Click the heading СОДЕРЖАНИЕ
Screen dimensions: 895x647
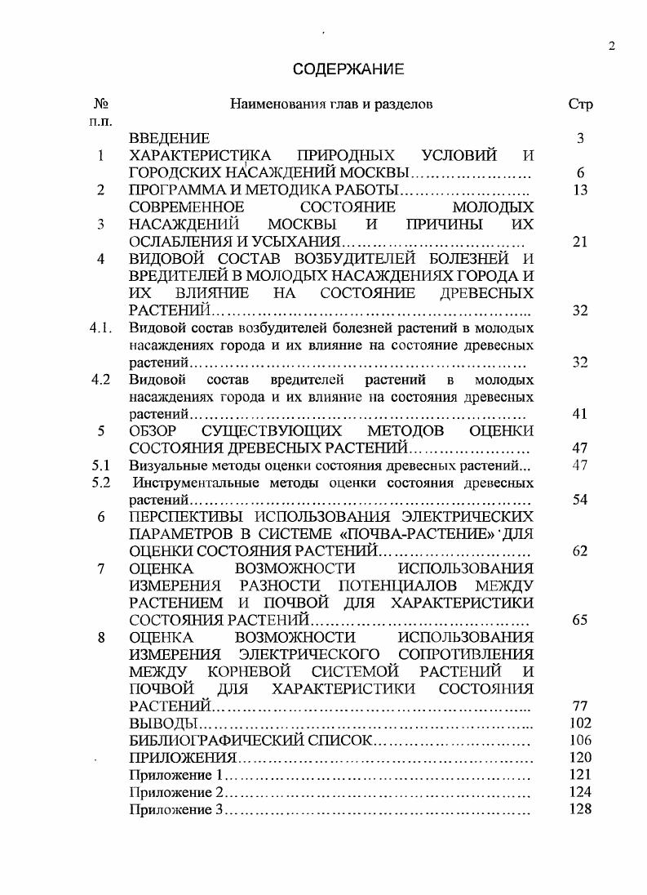point(348,69)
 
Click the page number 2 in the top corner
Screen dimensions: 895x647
point(611,47)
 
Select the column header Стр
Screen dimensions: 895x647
point(579,105)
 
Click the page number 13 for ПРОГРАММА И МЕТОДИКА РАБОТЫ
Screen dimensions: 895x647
point(579,190)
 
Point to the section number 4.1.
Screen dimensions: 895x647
point(100,328)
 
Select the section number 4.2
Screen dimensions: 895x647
point(100,380)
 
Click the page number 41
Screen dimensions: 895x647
point(580,414)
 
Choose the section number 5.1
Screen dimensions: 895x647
point(100,465)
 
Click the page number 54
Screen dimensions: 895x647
point(580,500)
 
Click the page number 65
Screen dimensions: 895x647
point(580,620)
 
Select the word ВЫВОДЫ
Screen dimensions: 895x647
point(164,723)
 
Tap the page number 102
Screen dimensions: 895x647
point(579,723)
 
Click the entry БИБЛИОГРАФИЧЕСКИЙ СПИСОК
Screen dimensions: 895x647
point(250,741)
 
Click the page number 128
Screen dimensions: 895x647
point(579,809)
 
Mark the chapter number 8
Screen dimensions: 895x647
point(101,637)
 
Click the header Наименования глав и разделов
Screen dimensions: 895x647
point(331,105)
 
